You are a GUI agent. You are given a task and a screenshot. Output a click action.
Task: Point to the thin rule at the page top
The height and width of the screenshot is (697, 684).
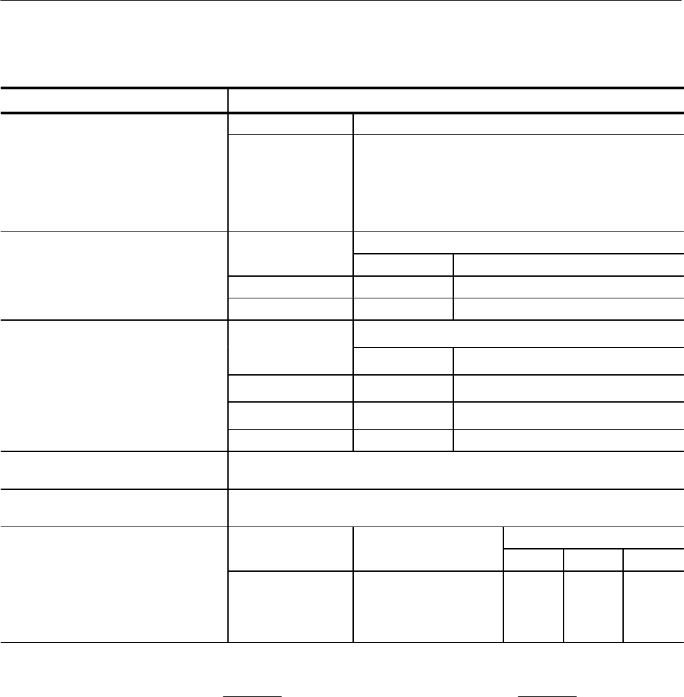342,1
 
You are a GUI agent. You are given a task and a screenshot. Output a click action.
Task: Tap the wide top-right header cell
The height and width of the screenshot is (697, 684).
455,99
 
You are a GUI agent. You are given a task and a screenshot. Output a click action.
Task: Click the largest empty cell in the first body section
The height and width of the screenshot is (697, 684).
518,183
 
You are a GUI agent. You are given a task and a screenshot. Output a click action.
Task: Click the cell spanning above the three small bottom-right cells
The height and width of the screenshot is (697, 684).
593,537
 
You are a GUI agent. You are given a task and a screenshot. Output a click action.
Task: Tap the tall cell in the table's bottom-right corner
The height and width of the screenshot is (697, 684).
653,606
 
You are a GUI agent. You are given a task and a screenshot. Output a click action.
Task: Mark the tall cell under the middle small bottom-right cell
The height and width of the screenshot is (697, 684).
593,606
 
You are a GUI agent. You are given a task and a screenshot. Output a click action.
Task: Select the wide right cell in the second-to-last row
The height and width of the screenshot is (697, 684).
455,508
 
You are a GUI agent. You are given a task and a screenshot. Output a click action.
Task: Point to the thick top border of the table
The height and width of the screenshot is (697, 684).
342,87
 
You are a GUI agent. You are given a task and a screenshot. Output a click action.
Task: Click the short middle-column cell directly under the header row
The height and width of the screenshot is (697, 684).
290,124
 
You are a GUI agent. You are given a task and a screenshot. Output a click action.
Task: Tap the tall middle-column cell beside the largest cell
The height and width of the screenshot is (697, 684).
290,183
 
